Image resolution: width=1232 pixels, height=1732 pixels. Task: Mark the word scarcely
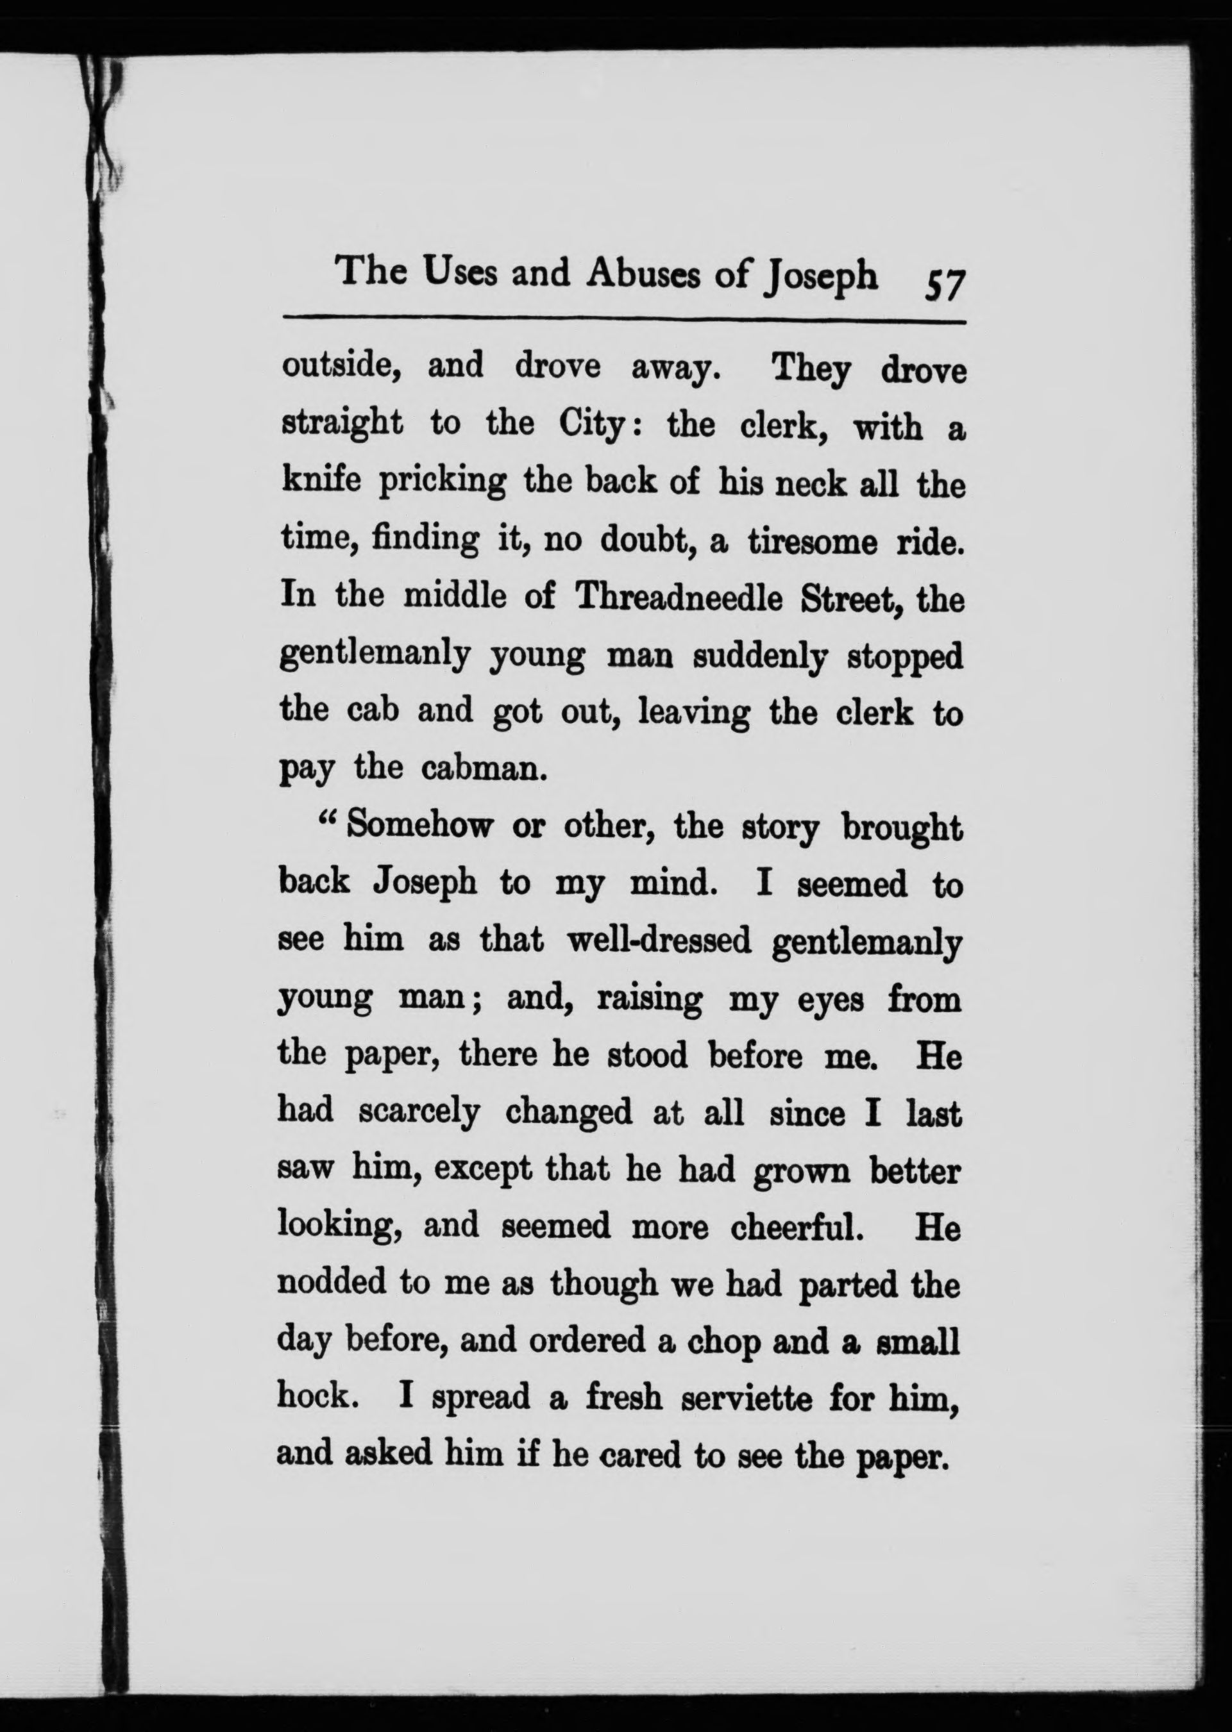(x=419, y=1113)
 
